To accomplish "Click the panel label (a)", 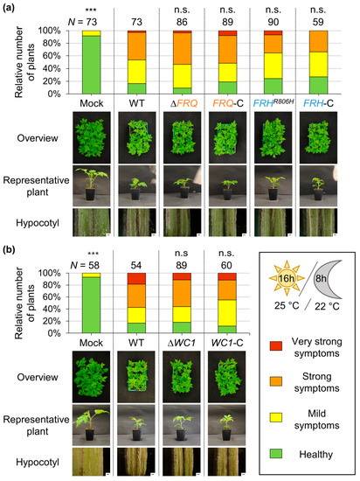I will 10,8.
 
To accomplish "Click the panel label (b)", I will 10,244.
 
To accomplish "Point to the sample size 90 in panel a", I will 276,20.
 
